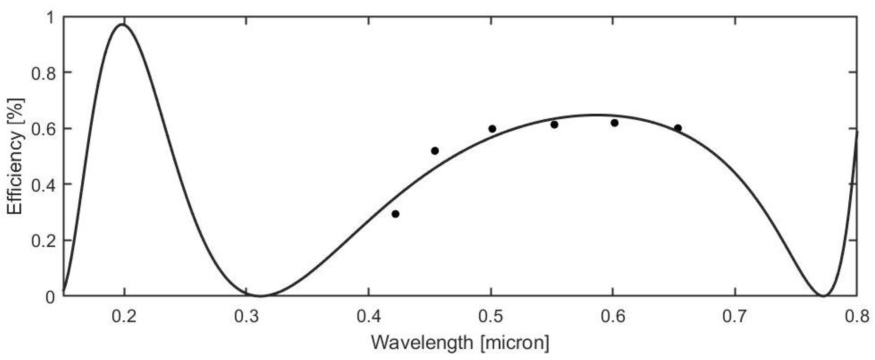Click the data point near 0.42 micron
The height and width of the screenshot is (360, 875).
click(395, 214)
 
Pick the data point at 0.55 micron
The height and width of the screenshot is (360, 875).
click(554, 125)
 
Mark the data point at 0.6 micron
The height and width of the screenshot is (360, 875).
click(614, 123)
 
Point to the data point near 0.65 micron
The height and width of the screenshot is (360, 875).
click(678, 128)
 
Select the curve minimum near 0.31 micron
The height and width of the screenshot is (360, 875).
click(260, 296)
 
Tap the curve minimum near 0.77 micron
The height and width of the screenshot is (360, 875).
click(823, 296)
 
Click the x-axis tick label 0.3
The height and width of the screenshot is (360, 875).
click(246, 317)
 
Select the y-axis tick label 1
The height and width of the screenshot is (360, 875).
click(50, 18)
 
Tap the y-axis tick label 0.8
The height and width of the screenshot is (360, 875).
click(43, 73)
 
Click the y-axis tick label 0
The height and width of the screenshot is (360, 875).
click(50, 297)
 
